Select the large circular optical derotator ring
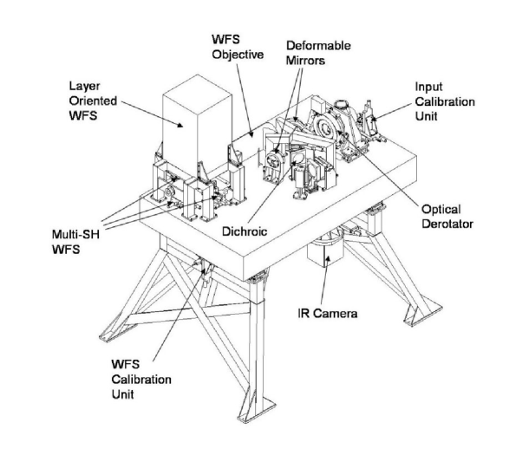pos(330,131)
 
